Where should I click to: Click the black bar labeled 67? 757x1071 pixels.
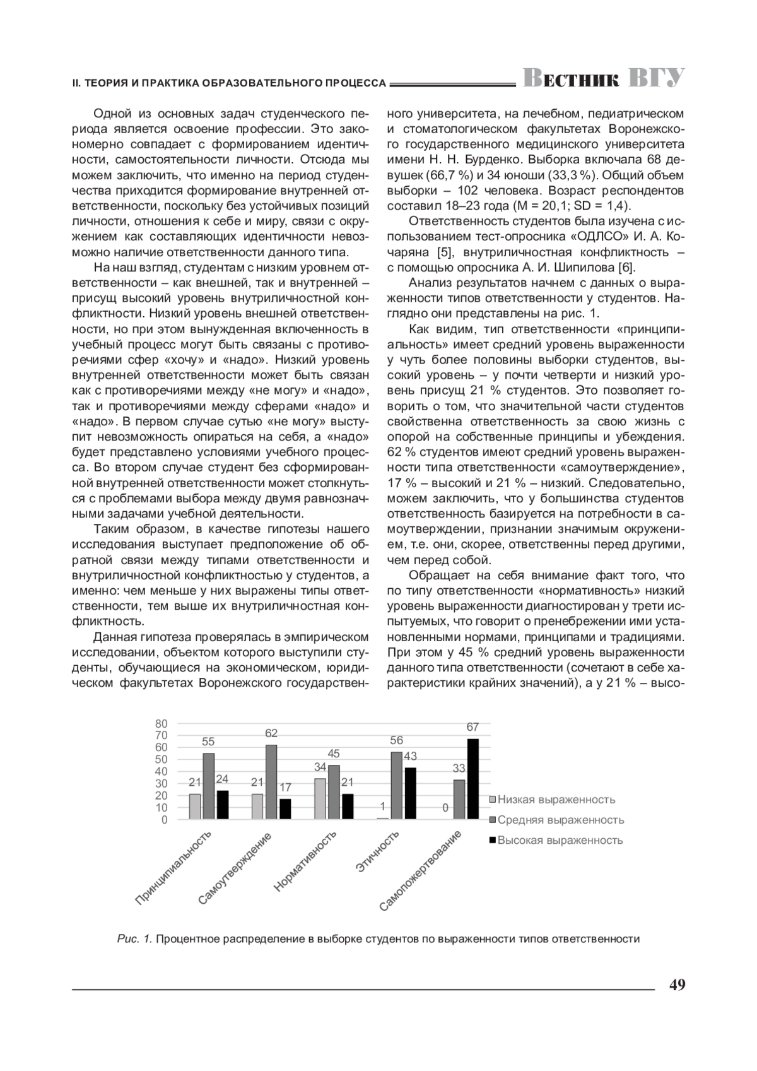point(472,779)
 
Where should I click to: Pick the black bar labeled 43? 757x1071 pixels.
point(410,793)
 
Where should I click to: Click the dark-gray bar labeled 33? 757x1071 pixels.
point(459,800)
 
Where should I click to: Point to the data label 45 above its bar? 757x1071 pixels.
point(334,754)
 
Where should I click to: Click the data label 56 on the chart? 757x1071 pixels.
point(396,740)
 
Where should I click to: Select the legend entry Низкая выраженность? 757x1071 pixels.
point(556,800)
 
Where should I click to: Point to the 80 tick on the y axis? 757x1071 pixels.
point(161,723)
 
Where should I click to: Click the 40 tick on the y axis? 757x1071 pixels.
point(161,772)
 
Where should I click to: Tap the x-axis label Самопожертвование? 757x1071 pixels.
point(421,871)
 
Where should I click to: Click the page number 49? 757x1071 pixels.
point(677,985)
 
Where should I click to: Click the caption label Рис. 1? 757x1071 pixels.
point(134,938)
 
